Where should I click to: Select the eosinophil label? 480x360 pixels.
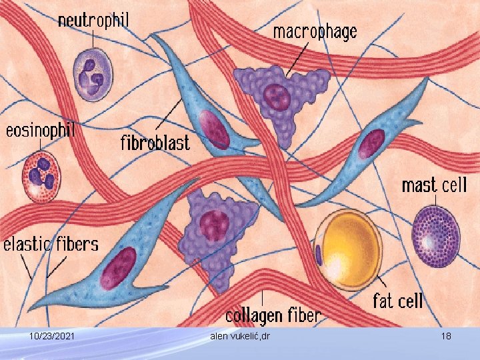pos(40,131)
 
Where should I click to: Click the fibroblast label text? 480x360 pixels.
pos(155,141)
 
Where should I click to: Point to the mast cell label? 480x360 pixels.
pos(434,185)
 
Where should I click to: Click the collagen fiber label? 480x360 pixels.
pos(273,315)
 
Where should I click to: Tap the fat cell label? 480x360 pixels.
pos(397,301)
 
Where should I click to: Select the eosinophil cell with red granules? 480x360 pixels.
pos(41,177)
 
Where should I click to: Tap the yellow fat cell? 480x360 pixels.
pos(348,249)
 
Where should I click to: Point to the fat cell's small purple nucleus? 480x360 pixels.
pos(319,254)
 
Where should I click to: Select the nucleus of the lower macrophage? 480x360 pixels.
pos(215,225)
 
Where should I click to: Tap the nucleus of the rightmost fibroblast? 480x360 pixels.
pos(371,143)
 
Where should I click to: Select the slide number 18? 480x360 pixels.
pos(446,337)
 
